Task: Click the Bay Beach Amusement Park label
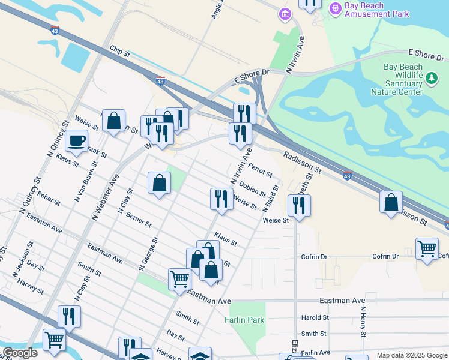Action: tap(376, 10)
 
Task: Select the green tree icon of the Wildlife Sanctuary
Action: tap(431, 77)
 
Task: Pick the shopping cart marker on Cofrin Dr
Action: tap(426, 248)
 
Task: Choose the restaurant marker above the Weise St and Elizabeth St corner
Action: tap(298, 206)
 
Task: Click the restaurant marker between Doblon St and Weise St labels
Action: tap(221, 199)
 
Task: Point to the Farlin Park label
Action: tap(245, 320)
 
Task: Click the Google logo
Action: tap(20, 353)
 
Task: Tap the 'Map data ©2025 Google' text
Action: tap(411, 355)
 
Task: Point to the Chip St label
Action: tap(119, 53)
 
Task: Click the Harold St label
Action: tap(315, 317)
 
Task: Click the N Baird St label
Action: tap(271, 199)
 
